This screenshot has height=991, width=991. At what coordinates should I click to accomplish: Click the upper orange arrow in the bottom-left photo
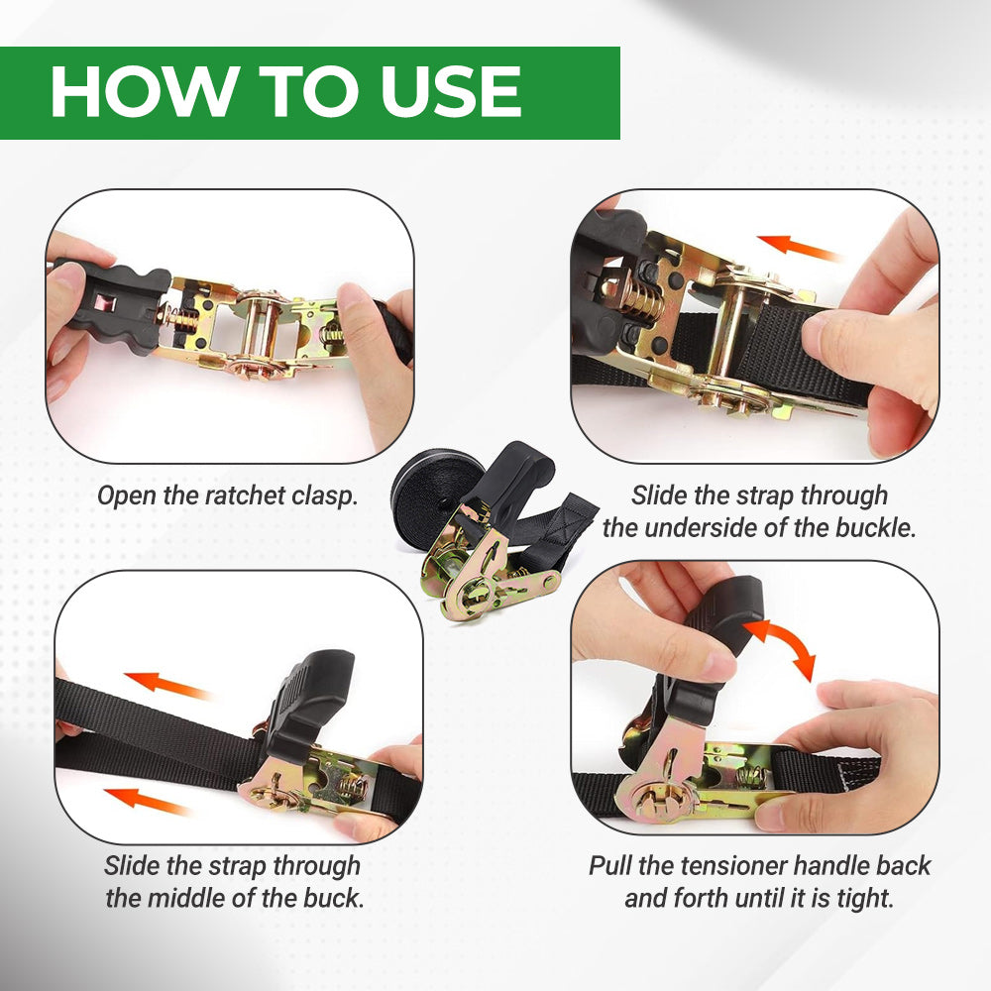point(165,685)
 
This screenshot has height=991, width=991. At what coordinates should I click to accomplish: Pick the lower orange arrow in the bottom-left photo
point(146,800)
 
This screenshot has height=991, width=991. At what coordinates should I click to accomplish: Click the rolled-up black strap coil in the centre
point(431,487)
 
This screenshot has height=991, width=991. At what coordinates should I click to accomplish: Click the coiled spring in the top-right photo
point(639,299)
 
